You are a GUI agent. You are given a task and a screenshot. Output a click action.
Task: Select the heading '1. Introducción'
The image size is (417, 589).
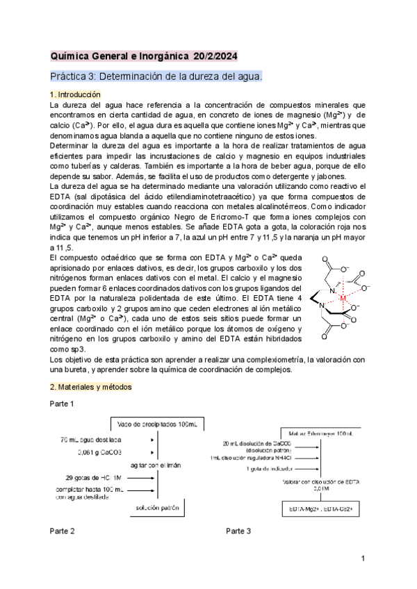[x=76, y=94]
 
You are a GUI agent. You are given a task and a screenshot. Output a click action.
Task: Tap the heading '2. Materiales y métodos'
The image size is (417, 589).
[x=86, y=386]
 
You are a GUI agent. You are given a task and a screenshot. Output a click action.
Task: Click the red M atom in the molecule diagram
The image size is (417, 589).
[x=342, y=298]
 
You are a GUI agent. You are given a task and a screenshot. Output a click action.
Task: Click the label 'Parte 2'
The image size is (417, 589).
[x=62, y=531]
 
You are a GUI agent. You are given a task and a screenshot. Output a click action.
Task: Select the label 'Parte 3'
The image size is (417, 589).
[x=238, y=531]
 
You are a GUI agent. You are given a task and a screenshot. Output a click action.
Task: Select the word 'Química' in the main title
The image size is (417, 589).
[x=71, y=56]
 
